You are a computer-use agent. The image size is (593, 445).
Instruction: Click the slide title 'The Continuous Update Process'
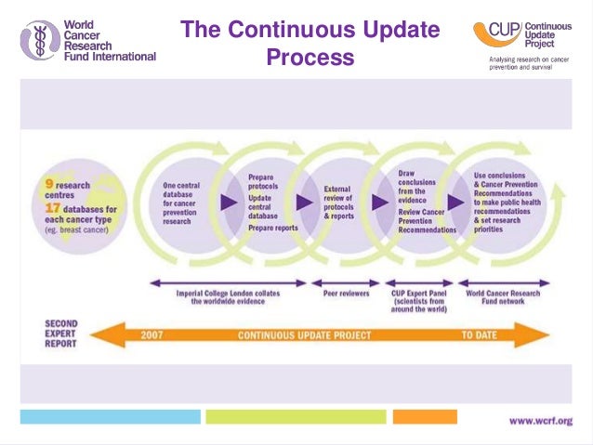click(310, 44)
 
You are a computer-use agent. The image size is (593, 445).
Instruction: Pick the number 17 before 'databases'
click(53, 209)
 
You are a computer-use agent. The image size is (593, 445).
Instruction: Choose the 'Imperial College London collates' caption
click(228, 294)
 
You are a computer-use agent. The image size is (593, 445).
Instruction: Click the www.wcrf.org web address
click(541, 421)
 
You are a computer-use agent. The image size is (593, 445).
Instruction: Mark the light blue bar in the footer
click(110, 416)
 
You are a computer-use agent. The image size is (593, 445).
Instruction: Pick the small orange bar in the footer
click(425, 416)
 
